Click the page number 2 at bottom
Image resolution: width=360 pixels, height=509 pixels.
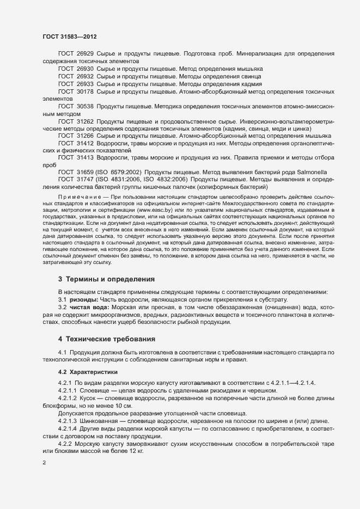pyautogui.click(x=44, y=463)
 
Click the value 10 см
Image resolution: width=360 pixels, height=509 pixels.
pyautogui.click(x=121, y=406)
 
